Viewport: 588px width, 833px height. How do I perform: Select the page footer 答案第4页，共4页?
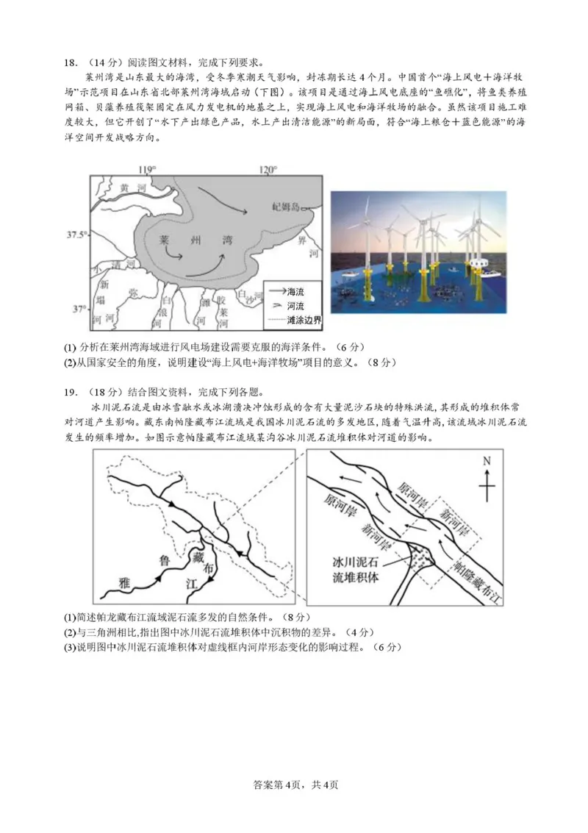(295, 784)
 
